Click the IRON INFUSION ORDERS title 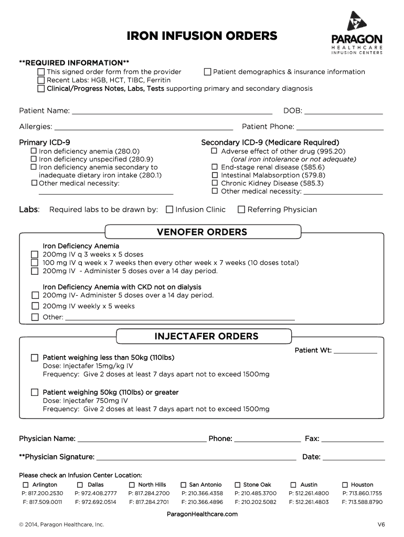point(202,36)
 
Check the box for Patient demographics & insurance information point(207,72)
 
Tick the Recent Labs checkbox point(41,80)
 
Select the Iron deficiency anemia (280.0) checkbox point(34,151)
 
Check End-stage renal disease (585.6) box point(214,167)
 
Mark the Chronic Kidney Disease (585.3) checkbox point(214,184)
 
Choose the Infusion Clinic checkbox point(169,210)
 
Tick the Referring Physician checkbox point(241,210)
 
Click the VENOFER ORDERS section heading point(202,232)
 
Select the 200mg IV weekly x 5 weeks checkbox point(35,306)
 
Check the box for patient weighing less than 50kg point(35,358)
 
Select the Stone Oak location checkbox point(238,485)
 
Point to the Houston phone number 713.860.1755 point(362,493)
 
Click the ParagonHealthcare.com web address point(202,514)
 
